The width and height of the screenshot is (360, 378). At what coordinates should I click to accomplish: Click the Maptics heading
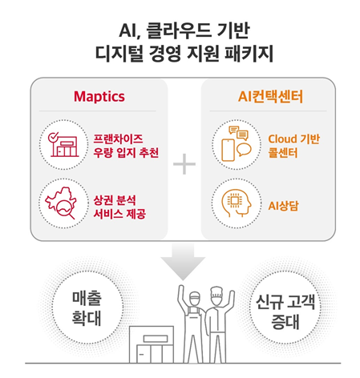tap(99, 96)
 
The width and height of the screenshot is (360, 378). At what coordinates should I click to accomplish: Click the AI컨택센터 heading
tap(270, 96)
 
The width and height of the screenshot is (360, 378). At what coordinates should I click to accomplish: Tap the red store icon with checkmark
tap(63, 144)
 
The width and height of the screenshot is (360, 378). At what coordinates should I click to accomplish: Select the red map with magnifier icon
tap(61, 203)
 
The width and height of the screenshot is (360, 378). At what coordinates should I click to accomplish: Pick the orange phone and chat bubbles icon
tap(237, 143)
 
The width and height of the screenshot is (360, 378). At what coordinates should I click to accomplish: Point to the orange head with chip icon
tap(237, 203)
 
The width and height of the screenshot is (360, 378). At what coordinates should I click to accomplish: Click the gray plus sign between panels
tap(184, 164)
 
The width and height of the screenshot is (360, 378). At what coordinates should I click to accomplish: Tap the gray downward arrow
tap(183, 262)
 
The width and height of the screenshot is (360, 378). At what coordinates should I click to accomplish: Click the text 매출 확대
tap(87, 308)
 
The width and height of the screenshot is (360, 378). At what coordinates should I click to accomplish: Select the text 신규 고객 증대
tap(285, 312)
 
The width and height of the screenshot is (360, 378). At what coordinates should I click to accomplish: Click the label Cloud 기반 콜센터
tap(293, 146)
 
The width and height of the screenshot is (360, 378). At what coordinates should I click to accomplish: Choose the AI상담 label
tap(283, 206)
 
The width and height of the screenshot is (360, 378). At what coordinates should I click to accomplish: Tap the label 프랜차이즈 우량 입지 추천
tap(126, 146)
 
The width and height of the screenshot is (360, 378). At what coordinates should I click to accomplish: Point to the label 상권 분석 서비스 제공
tap(119, 207)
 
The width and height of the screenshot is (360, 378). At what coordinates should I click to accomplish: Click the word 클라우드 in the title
tap(179, 30)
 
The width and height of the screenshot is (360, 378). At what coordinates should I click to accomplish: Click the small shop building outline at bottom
tap(152, 344)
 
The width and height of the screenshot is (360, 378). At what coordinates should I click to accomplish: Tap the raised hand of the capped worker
tap(181, 292)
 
